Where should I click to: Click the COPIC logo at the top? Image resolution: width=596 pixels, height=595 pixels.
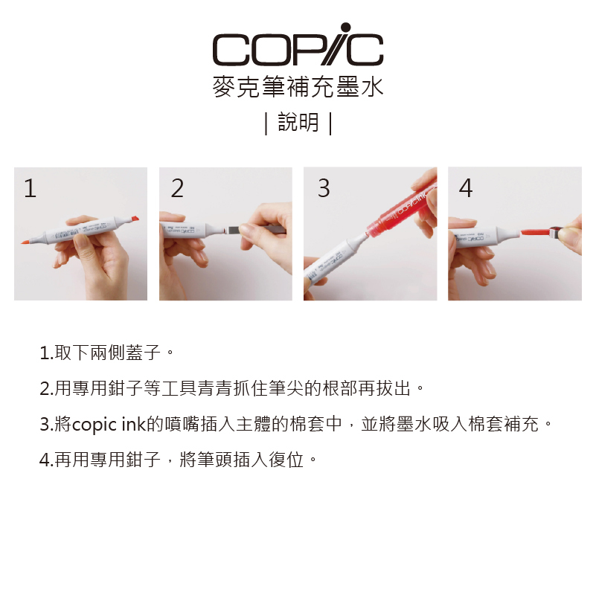[298, 45]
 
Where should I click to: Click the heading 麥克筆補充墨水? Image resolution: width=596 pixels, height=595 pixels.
[298, 87]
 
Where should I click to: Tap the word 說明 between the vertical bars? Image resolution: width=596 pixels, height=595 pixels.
[298, 122]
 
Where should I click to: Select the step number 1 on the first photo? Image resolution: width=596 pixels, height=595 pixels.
[30, 188]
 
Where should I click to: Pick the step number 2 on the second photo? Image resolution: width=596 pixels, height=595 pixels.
[177, 188]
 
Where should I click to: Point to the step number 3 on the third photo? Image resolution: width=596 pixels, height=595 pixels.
[324, 188]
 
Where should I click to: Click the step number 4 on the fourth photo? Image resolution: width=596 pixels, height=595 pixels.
[466, 188]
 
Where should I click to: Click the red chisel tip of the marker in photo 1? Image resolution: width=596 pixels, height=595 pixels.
[135, 219]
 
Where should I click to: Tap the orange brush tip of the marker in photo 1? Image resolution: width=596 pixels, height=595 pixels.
[26, 242]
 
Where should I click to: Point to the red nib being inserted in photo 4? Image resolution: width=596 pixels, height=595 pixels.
[535, 232]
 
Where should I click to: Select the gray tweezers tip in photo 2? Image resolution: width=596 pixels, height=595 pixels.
[234, 230]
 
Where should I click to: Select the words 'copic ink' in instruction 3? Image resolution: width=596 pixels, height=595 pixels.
[109, 425]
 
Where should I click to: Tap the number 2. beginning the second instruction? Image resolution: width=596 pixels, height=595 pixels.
[46, 389]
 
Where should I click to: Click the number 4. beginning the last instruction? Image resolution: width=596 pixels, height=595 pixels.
[46, 460]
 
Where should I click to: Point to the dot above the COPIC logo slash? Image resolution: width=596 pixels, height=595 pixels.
[345, 28]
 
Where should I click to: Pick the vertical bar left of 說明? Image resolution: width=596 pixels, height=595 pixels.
[266, 123]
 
